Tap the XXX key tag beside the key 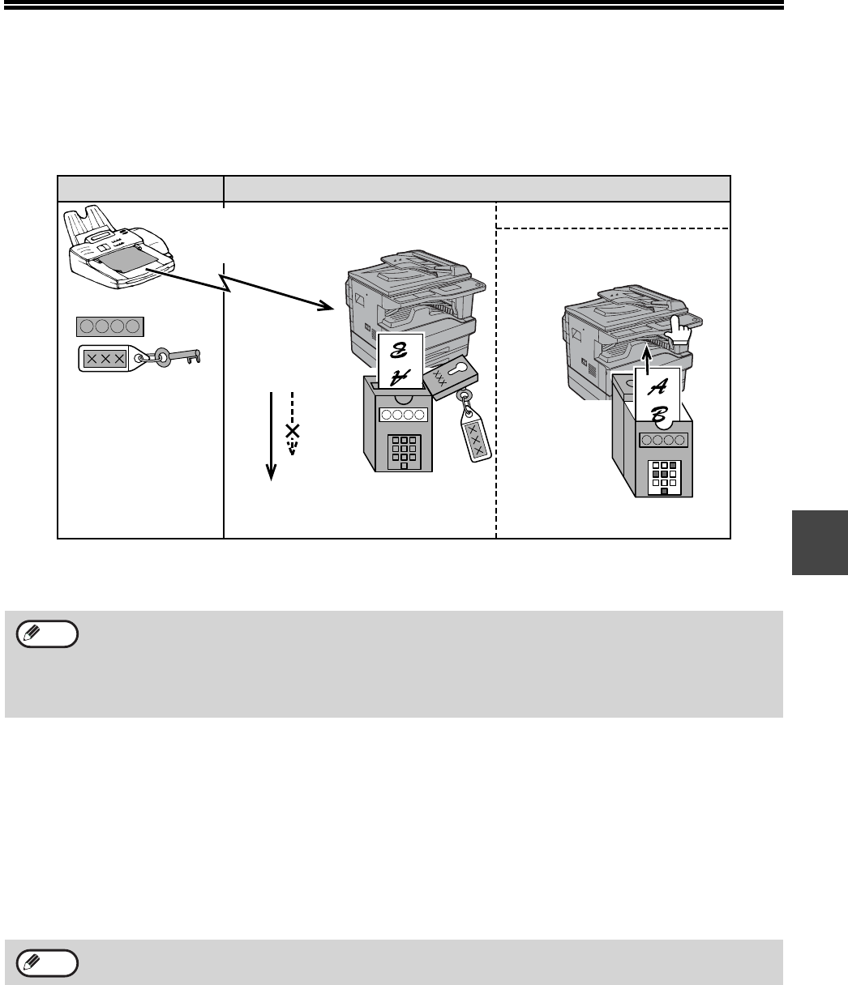pyautogui.click(x=112, y=357)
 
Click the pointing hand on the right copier pyautogui.click(x=676, y=330)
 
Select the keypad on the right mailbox pyautogui.click(x=664, y=477)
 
